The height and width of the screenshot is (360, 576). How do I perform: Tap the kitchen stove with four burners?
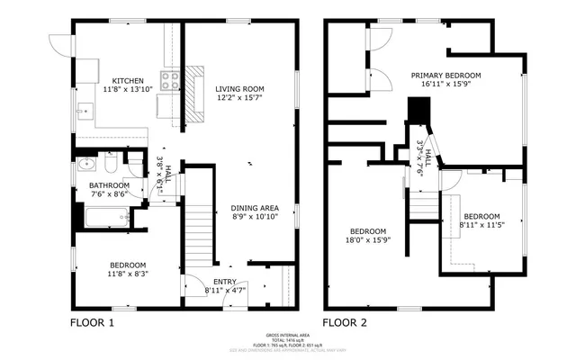click(x=169, y=81)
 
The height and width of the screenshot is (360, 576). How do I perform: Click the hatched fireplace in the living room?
click(x=195, y=93)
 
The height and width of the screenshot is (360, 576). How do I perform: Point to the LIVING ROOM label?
click(x=240, y=88)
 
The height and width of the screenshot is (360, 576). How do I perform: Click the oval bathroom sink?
click(x=85, y=165)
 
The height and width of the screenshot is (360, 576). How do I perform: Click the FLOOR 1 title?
click(x=93, y=321)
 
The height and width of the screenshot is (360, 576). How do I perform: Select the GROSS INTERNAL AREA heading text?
click(x=288, y=333)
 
